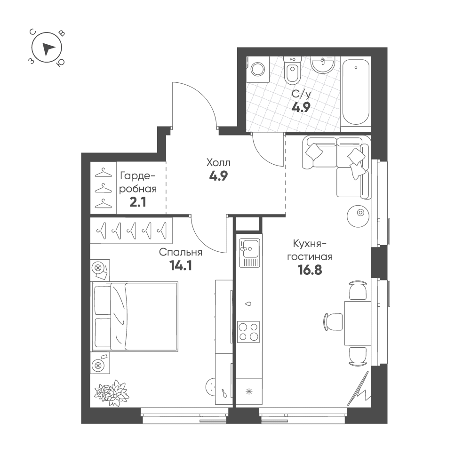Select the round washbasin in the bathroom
pos(323,65)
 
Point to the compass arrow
pos(48,48)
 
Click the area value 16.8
pos(310,271)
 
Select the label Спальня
pos(181,252)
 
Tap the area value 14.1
pos(181,265)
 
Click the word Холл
pos(218,163)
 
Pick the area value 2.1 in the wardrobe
pos(138,202)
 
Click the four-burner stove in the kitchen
pos(248,332)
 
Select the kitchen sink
pos(249,253)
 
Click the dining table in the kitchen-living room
pos(358,323)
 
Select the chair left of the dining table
pos(334,322)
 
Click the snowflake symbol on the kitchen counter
pos(249,391)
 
